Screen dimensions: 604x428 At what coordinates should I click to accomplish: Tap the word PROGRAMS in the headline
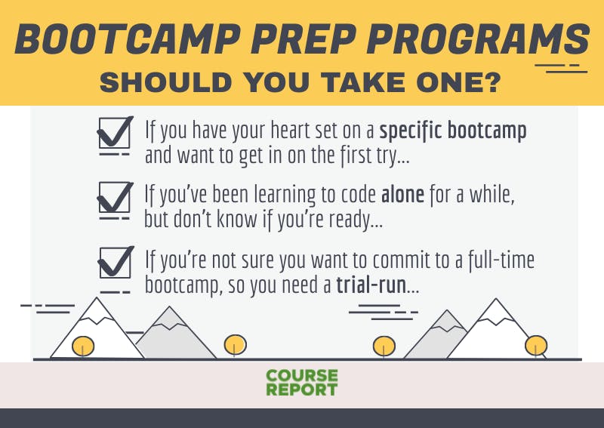(x=479, y=39)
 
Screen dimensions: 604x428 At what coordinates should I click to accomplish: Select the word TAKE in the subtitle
(x=363, y=82)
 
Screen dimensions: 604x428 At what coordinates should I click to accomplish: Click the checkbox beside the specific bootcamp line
(x=115, y=133)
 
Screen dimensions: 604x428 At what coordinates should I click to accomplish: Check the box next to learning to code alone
(x=115, y=197)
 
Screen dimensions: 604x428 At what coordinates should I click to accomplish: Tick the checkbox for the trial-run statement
(x=116, y=262)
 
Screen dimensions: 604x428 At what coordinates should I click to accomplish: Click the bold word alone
(x=402, y=195)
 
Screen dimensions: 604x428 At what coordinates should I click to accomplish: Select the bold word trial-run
(x=371, y=285)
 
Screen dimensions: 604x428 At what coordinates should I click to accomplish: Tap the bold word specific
(x=411, y=132)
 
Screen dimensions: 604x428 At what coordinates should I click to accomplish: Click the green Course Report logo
(x=302, y=383)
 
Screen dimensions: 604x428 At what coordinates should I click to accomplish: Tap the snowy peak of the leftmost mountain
(x=97, y=310)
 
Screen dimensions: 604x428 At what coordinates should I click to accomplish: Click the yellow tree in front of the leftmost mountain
(x=83, y=346)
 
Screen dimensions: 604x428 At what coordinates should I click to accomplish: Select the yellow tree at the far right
(x=536, y=346)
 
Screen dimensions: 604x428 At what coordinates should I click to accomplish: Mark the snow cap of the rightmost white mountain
(x=496, y=310)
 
